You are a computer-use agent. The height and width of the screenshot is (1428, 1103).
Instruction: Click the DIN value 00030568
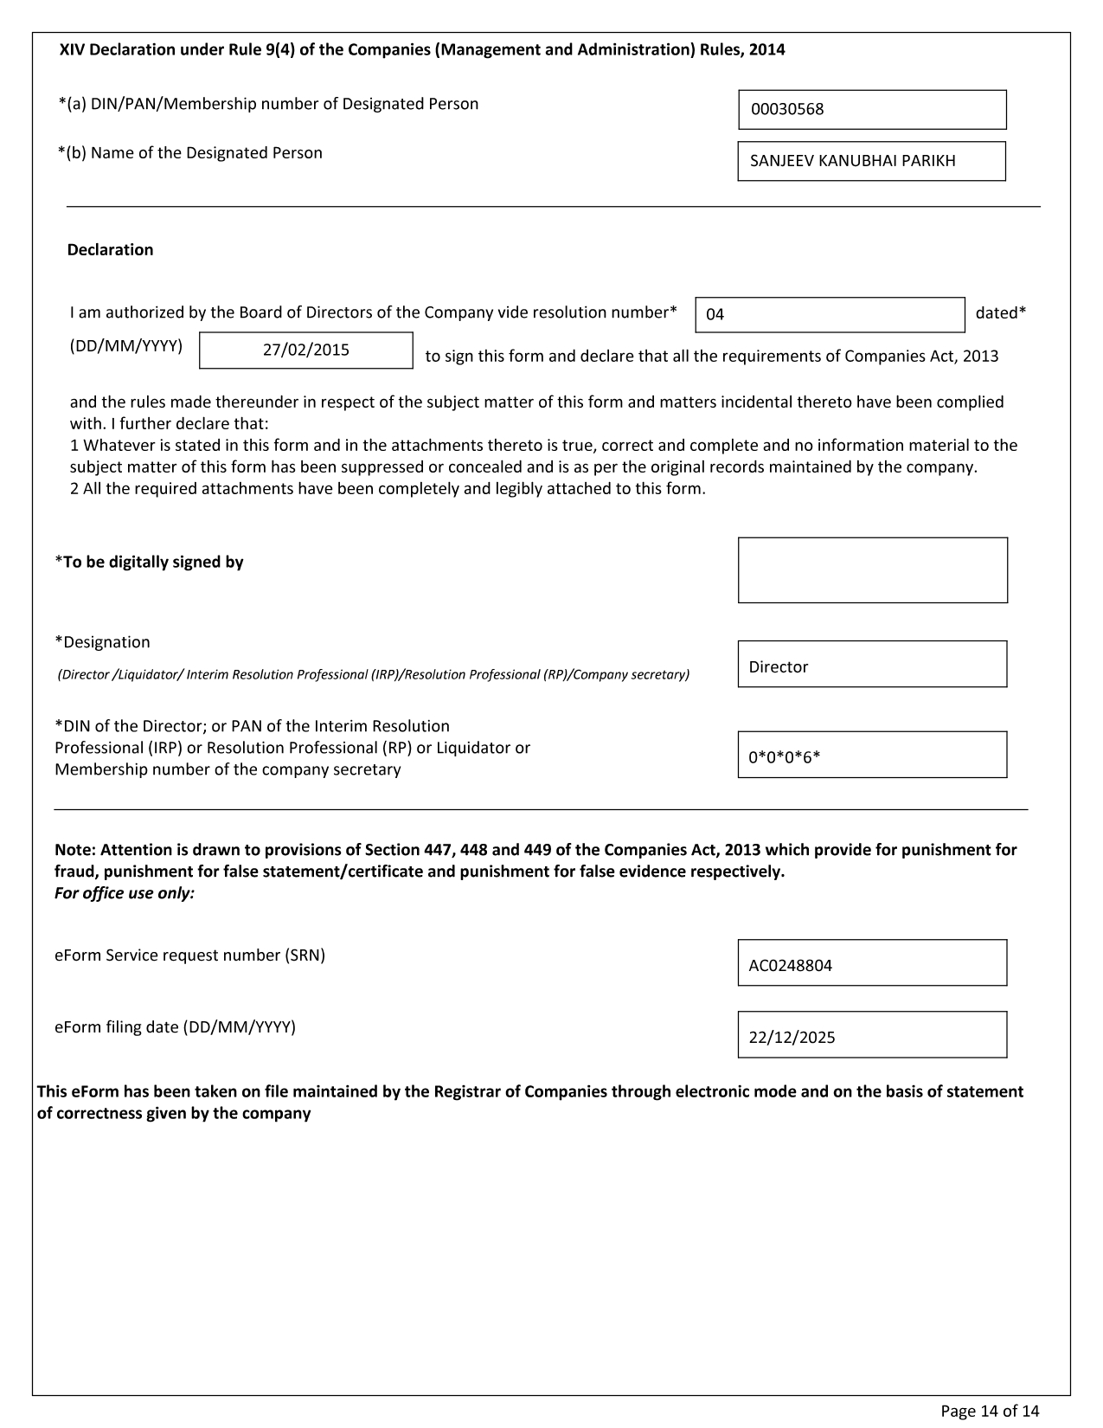tap(787, 110)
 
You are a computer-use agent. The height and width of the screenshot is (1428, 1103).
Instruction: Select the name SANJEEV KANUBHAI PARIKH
tap(852, 161)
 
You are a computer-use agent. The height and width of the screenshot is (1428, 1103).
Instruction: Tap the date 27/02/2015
tap(306, 351)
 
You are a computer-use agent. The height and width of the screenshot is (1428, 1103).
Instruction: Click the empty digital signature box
tap(872, 570)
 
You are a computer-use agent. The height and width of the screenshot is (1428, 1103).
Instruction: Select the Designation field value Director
tap(779, 667)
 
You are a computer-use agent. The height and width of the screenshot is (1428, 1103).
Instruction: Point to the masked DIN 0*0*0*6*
tap(784, 758)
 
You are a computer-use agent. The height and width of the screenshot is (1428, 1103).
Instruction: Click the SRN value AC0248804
tap(790, 966)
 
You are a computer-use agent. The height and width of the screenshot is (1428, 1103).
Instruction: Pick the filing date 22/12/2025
tap(792, 1038)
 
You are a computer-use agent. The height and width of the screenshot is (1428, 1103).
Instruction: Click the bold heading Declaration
tap(110, 250)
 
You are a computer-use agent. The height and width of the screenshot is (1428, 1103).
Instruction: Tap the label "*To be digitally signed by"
tap(149, 563)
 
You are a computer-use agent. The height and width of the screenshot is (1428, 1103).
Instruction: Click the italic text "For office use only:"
tap(125, 893)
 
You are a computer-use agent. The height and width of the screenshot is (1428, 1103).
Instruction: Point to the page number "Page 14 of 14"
tap(990, 1412)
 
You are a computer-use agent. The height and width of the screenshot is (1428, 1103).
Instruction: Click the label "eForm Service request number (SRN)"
tap(189, 956)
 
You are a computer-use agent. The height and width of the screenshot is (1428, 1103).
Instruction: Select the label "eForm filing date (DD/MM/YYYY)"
tap(175, 1028)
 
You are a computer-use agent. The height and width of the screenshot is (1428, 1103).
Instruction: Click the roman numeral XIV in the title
tap(72, 50)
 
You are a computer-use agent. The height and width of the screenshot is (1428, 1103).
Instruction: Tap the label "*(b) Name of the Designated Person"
tap(190, 153)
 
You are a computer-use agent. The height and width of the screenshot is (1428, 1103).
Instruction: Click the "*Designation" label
tap(102, 642)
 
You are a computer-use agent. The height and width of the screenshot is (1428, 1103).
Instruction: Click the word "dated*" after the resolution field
tap(1000, 313)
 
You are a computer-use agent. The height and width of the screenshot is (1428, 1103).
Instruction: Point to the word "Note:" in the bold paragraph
tap(75, 850)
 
